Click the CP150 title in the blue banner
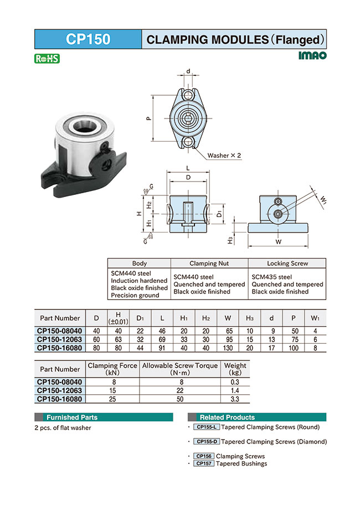[x=88, y=39]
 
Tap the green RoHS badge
[x=47, y=58]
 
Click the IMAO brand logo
[x=312, y=56]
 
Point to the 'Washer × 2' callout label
[x=224, y=156]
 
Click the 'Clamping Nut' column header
[x=209, y=264]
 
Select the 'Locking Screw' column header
[x=287, y=264]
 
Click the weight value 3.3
[x=235, y=398]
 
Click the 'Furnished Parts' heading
[x=71, y=417]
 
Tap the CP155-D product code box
[x=207, y=442]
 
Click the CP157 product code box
[x=204, y=463]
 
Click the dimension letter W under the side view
[x=278, y=241]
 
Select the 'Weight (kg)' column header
[x=235, y=369]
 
